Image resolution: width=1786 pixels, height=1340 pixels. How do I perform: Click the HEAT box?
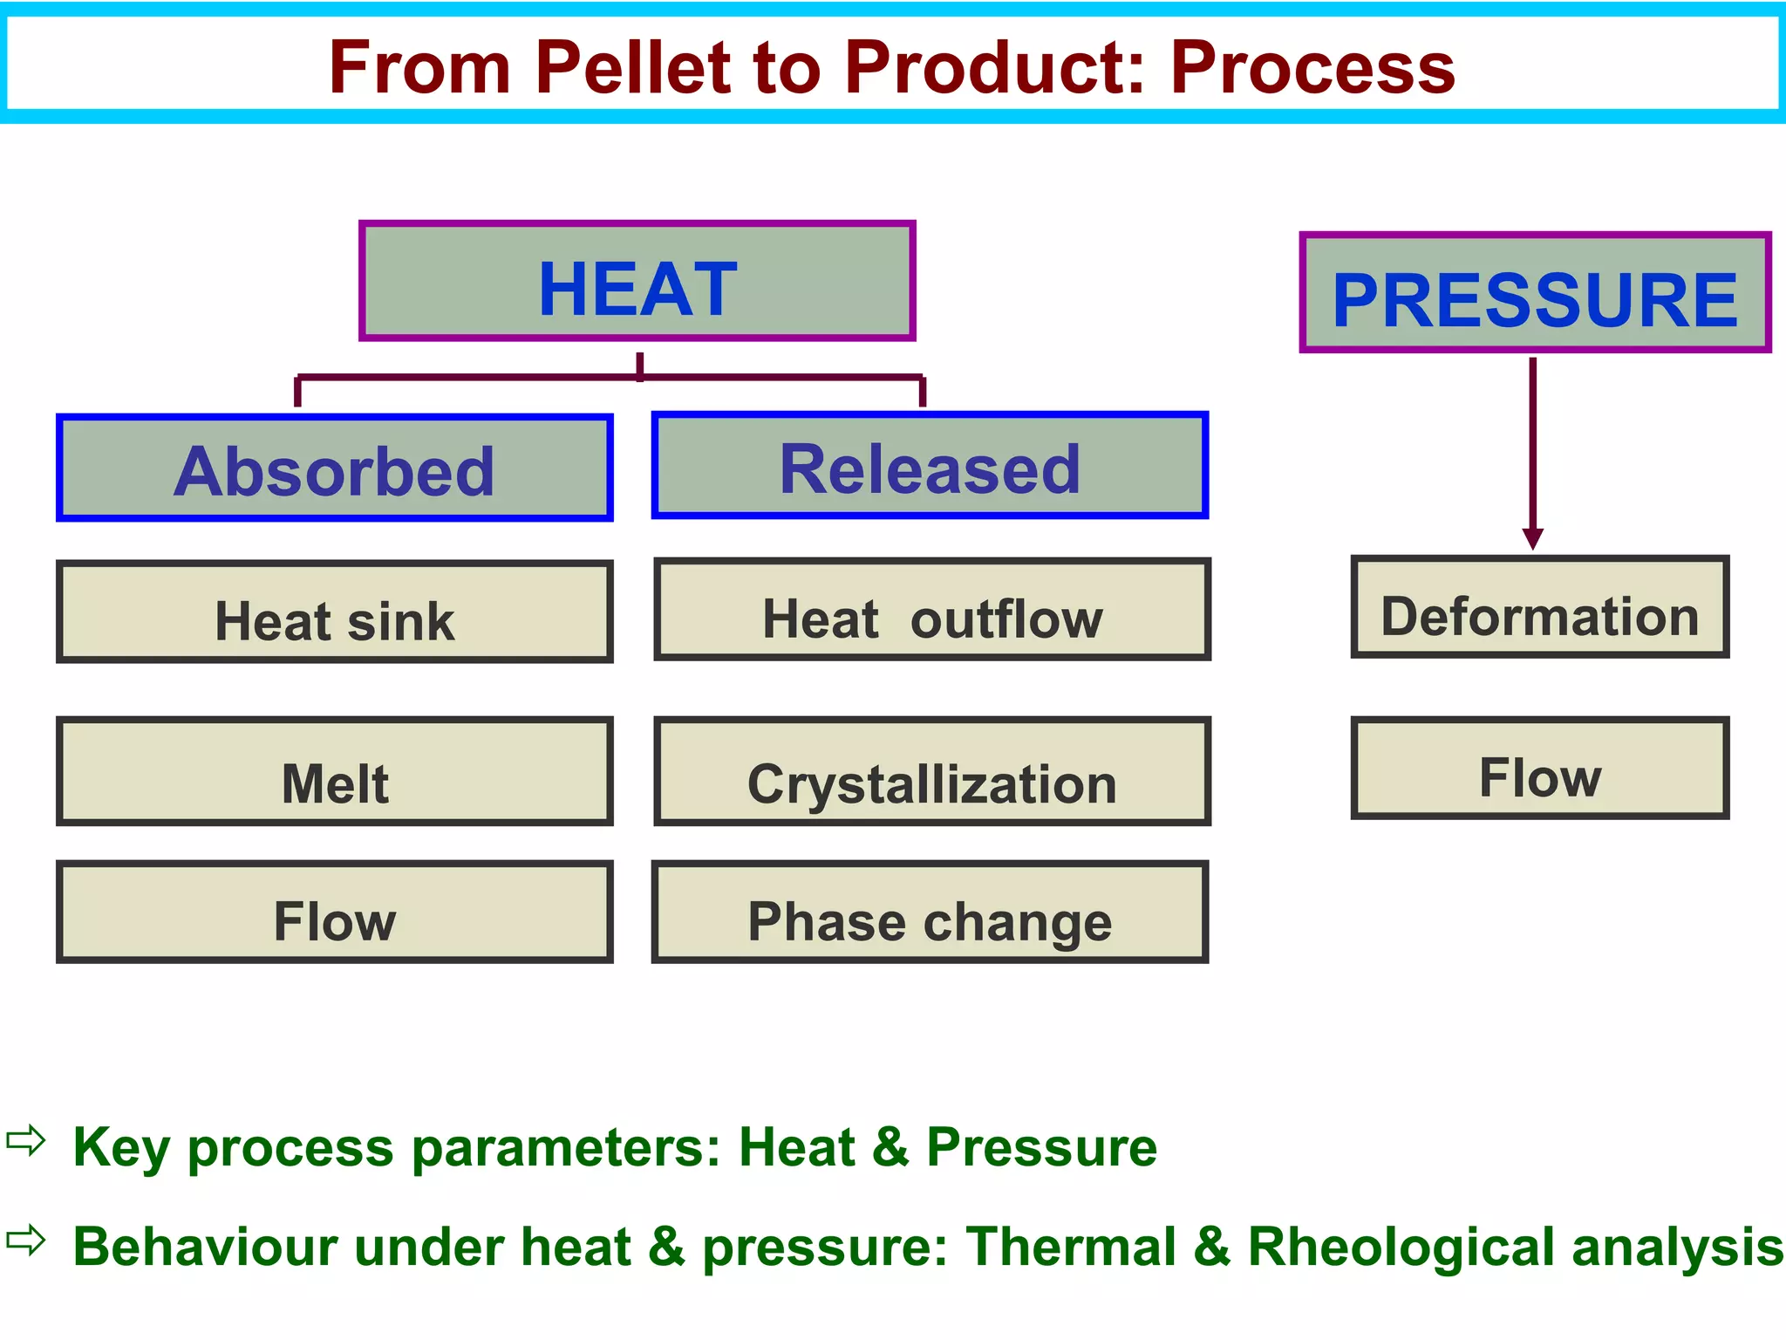pos(637,281)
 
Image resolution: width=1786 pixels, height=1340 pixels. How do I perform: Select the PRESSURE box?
pos(1535,293)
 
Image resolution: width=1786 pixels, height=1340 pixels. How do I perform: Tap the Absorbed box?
pos(334,468)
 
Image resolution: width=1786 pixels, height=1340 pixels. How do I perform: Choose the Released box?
pos(930,466)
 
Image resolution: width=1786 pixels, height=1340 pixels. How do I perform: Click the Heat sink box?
pos(334,612)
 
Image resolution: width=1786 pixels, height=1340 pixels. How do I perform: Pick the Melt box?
pos(334,772)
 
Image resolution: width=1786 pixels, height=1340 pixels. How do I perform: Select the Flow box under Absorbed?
pos(334,913)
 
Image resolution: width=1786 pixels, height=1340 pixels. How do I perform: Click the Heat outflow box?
pos(931,610)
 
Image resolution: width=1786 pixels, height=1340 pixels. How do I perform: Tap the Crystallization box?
pos(931,772)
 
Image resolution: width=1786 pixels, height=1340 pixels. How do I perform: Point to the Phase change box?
pos(930,913)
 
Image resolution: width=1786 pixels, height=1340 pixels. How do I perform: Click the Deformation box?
pos(1539,607)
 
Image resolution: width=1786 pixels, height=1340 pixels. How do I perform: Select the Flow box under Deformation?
pos(1539,769)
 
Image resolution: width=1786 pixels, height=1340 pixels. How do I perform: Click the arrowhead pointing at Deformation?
pos(1533,538)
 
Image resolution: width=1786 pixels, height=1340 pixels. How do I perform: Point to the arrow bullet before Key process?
pos(25,1140)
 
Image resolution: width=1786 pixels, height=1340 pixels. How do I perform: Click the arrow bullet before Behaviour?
pos(25,1240)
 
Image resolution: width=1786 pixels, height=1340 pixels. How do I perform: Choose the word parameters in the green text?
pos(566,1147)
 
